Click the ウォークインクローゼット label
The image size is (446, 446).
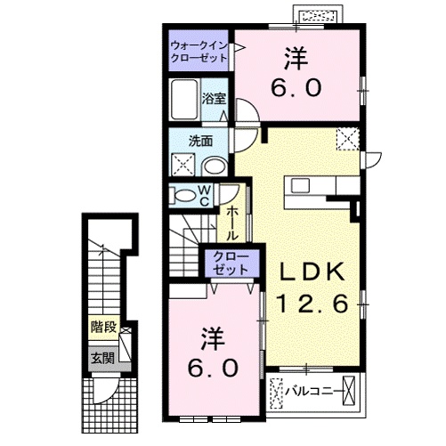click(x=199, y=51)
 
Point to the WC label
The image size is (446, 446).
click(x=203, y=194)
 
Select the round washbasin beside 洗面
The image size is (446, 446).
click(x=214, y=166)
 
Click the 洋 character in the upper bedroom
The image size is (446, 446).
click(x=297, y=60)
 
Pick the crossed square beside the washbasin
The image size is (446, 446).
click(x=184, y=164)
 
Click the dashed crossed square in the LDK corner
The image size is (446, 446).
click(x=346, y=139)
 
